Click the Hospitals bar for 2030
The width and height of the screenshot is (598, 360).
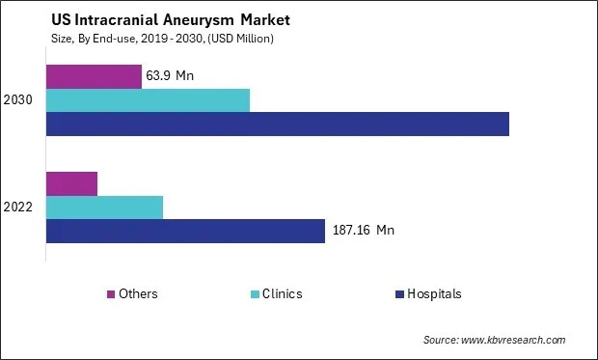[x=278, y=124]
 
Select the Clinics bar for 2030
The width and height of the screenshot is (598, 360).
[x=148, y=99]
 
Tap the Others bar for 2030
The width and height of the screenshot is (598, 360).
[x=94, y=76]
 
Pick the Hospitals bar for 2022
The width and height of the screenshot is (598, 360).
[x=185, y=231]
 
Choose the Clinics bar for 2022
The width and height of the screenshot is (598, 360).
[x=104, y=207]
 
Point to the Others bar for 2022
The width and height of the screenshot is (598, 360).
[x=71, y=183]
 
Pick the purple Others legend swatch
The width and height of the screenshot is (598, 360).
[x=112, y=294]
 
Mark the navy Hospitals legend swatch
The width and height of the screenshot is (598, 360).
[x=398, y=294]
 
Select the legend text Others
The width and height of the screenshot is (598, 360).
[x=139, y=294]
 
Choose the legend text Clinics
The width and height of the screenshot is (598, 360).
[x=282, y=294]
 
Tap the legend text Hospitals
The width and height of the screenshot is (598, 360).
[x=433, y=294]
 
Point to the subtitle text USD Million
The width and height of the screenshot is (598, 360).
[x=245, y=38]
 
